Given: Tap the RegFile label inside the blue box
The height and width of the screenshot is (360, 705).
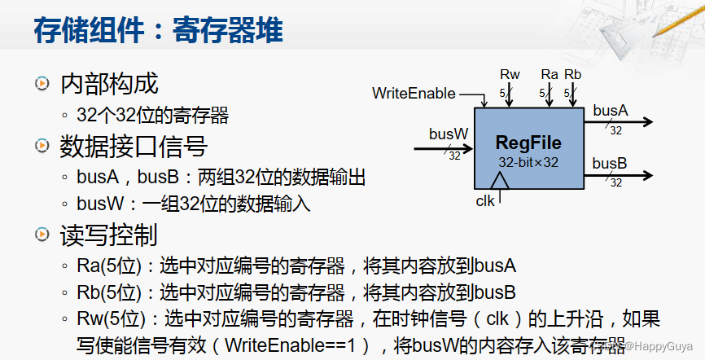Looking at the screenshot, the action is pyautogui.click(x=528, y=143).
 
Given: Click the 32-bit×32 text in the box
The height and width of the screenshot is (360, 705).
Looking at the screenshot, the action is pyautogui.click(x=528, y=162).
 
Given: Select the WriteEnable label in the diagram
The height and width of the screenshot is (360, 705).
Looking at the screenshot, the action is pyautogui.click(x=414, y=94).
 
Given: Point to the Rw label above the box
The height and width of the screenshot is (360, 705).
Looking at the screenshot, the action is pyautogui.click(x=510, y=75).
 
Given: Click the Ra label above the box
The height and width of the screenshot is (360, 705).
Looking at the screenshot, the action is pyautogui.click(x=550, y=75).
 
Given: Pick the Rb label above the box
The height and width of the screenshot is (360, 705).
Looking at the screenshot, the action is pyautogui.click(x=573, y=75).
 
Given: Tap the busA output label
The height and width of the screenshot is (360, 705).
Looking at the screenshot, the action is pyautogui.click(x=610, y=110).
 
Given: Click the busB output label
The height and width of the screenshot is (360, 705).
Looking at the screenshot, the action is pyautogui.click(x=610, y=162).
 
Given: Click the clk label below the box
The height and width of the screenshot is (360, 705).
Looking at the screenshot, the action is pyautogui.click(x=485, y=200).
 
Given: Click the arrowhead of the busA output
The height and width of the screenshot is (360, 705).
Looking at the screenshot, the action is pyautogui.click(x=647, y=122).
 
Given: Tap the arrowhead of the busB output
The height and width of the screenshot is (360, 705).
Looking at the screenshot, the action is pyautogui.click(x=647, y=174).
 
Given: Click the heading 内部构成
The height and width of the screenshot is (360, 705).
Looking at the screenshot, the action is pyautogui.click(x=109, y=83).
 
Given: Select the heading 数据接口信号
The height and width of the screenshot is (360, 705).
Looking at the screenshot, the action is pyautogui.click(x=134, y=147).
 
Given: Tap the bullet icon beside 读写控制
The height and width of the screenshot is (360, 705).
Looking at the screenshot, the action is pyautogui.click(x=41, y=235).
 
